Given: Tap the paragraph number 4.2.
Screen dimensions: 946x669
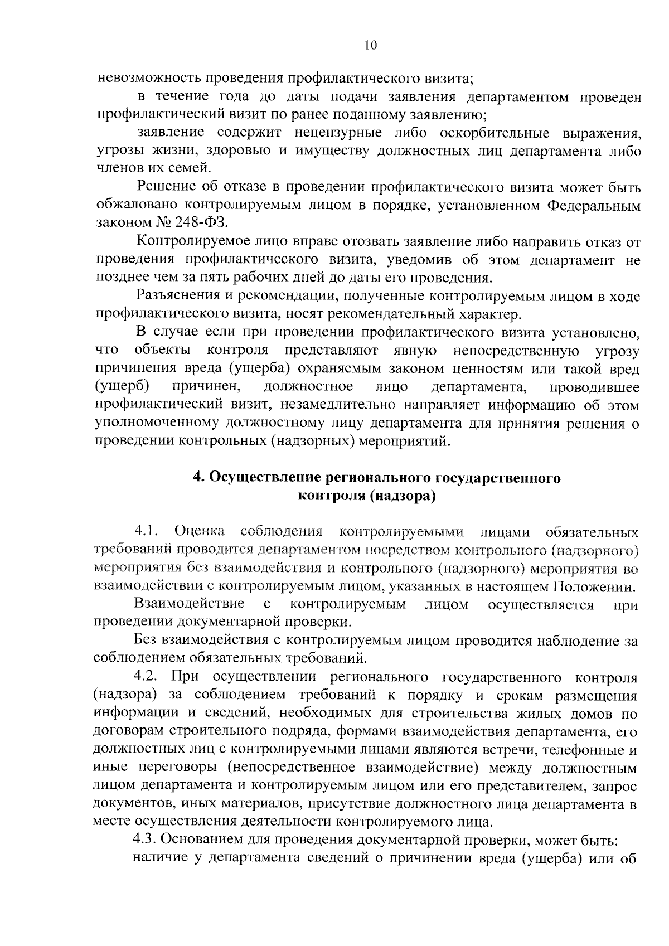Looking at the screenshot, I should [147, 677].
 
